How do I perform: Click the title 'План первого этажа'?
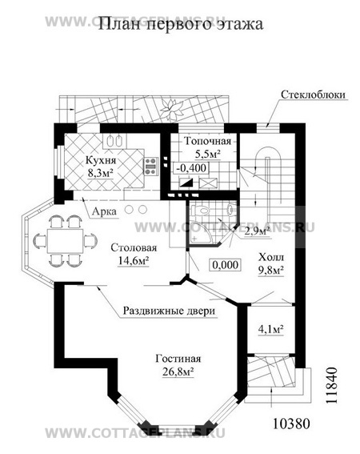click(181, 24)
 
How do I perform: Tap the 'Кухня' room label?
click(101, 160)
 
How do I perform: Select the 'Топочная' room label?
click(208, 141)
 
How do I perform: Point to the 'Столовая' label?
click(134, 247)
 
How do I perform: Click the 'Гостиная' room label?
click(178, 359)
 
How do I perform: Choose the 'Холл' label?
click(271, 257)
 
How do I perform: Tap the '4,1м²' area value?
click(270, 329)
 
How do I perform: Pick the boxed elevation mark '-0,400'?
click(191, 167)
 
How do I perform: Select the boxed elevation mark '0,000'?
click(226, 265)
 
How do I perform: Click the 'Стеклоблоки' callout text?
click(314, 94)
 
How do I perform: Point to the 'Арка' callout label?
click(104, 211)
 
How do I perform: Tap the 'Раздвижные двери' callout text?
click(170, 311)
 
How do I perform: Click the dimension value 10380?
click(291, 424)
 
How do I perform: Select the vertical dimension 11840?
click(332, 386)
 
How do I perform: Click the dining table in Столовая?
click(65, 241)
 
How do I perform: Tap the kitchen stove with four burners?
click(150, 167)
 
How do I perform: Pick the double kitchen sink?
click(114, 142)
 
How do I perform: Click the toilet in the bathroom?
click(200, 210)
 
